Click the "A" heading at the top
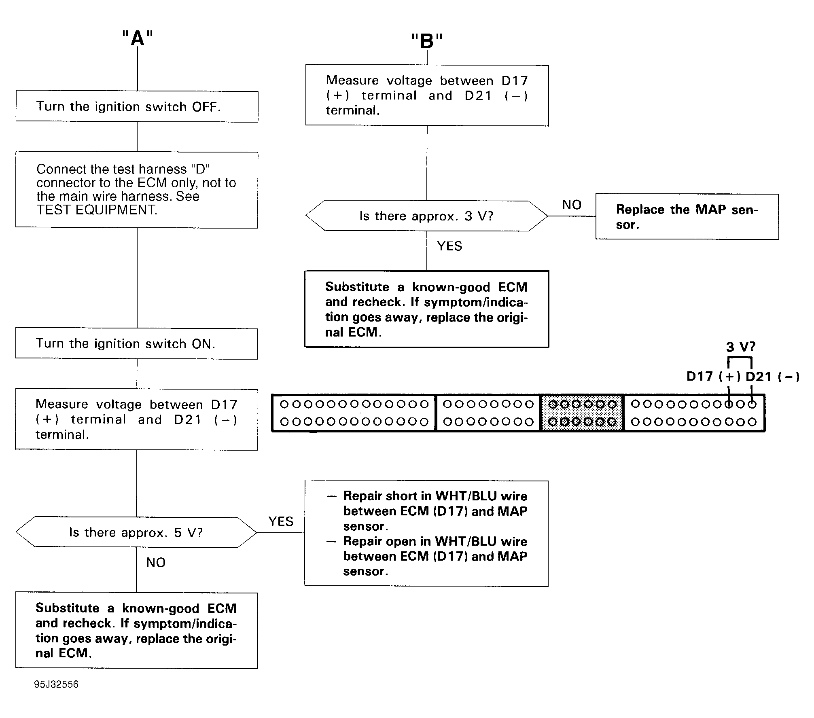(138, 38)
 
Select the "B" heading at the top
(427, 41)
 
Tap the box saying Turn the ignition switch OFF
(137, 106)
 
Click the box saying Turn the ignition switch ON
(137, 343)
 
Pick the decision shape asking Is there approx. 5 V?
(136, 532)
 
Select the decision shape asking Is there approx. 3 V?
(427, 216)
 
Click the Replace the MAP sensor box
(687, 217)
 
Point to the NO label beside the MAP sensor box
(572, 205)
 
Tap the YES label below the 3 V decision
(449, 246)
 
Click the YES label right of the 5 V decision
(281, 521)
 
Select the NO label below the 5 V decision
(156, 562)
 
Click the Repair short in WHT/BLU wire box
(426, 533)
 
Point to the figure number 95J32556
(56, 684)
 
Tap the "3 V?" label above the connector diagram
(740, 347)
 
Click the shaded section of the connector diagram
(582, 413)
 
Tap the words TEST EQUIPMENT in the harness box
(97, 210)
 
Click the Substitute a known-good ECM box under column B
(426, 309)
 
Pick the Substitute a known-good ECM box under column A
(136, 631)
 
